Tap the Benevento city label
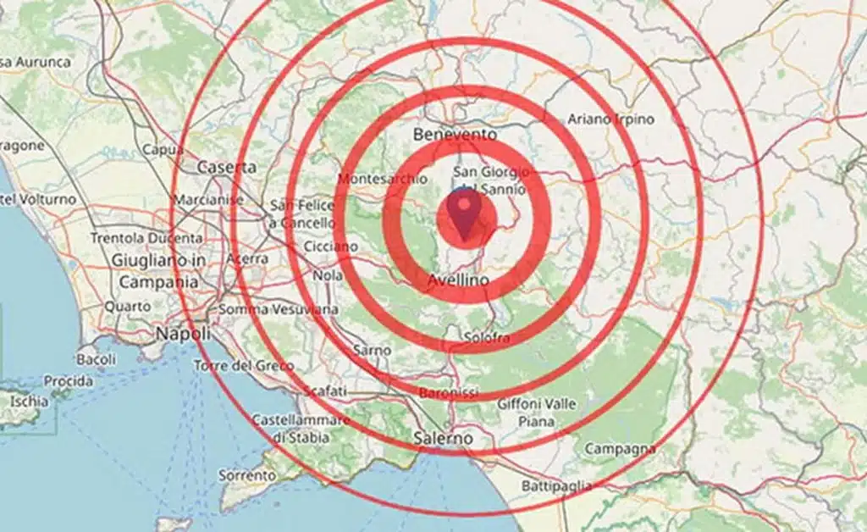(x=454, y=135)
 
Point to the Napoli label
(x=182, y=335)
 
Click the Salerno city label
(x=443, y=438)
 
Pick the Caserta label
(x=226, y=167)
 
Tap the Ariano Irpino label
(x=611, y=119)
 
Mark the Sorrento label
(x=246, y=476)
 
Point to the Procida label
(x=68, y=381)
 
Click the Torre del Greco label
(x=244, y=366)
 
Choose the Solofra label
(x=487, y=338)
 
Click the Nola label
(x=328, y=276)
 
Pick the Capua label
(x=163, y=150)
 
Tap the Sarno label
(x=373, y=350)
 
